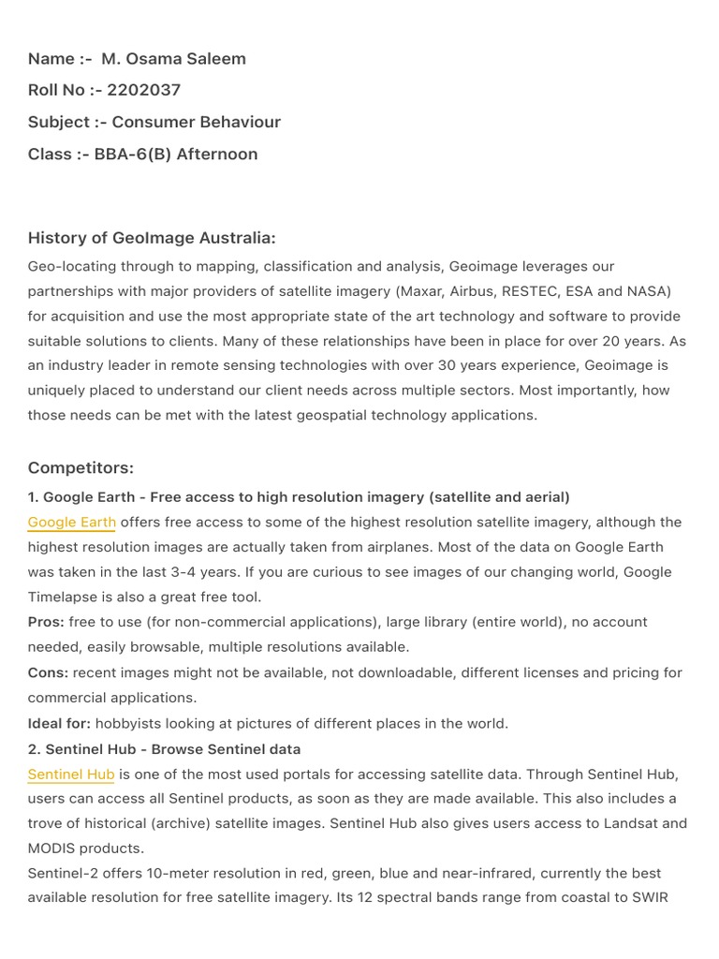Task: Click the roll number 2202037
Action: (x=144, y=90)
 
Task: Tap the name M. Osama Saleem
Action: (x=174, y=58)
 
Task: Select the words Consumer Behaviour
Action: (x=197, y=122)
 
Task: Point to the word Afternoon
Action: (x=218, y=154)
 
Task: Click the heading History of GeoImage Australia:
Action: (x=152, y=238)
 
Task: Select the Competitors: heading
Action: (x=81, y=467)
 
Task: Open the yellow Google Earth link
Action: (x=72, y=522)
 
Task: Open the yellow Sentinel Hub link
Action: (x=71, y=774)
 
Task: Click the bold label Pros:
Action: (x=46, y=622)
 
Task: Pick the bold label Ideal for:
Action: (x=59, y=723)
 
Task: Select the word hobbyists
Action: (x=131, y=723)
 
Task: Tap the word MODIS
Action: (x=55, y=848)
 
